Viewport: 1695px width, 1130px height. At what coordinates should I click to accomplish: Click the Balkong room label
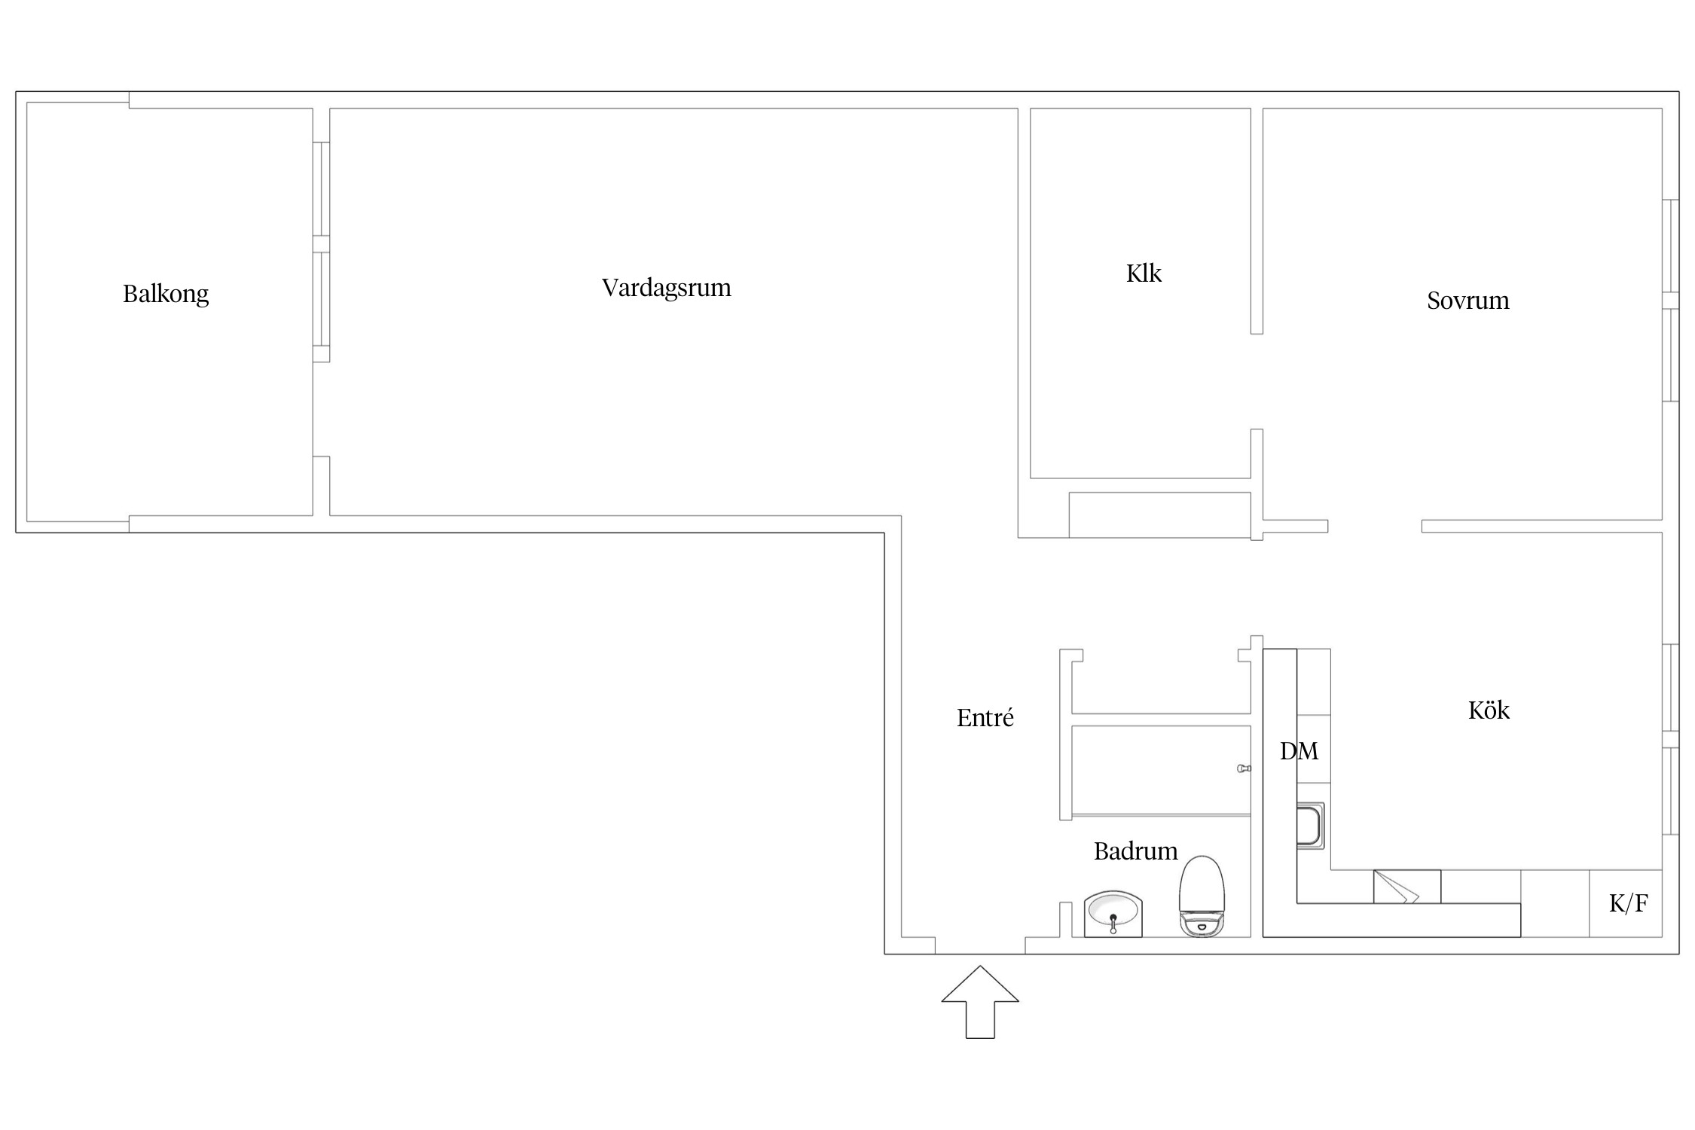point(166,294)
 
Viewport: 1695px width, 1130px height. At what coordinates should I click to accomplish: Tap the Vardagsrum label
point(667,288)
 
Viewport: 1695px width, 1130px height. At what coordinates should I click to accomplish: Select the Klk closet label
point(1144,273)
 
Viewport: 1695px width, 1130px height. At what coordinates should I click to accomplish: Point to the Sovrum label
point(1468,301)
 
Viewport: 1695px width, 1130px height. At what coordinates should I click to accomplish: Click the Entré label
point(985,717)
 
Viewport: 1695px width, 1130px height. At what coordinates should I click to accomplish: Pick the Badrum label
point(1136,851)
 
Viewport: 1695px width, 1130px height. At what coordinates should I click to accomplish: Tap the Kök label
point(1489,710)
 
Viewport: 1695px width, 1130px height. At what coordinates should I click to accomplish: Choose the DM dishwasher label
point(1299,750)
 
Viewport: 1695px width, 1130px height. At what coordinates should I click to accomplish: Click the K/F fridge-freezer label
point(1629,902)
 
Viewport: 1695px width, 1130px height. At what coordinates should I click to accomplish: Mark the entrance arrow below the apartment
point(980,1002)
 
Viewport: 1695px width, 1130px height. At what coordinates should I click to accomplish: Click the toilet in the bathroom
point(1202,896)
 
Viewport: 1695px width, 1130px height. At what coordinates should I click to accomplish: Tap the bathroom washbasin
point(1113,914)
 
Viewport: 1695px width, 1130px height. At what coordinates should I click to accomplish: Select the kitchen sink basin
point(1310,826)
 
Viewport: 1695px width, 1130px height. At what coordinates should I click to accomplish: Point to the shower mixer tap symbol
point(1244,768)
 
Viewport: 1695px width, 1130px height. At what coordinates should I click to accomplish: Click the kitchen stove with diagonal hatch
point(1407,887)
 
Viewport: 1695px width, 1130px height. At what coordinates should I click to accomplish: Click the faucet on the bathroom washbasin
point(1113,924)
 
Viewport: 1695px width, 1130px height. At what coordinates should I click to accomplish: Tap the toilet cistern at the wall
point(1202,926)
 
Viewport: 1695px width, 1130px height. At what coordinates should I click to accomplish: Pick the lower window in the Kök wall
point(1670,791)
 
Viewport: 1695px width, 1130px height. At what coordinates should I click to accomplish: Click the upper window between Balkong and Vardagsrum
point(322,189)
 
